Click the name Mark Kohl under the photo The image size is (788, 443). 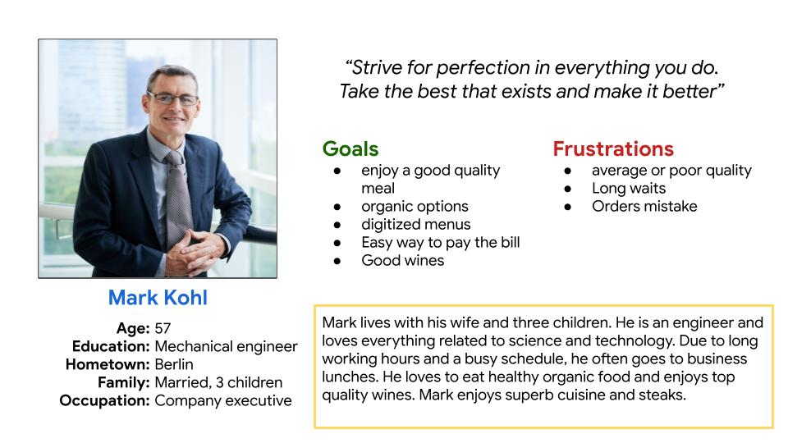(x=158, y=298)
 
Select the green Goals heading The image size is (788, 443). (x=350, y=149)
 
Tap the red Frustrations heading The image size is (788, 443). (x=613, y=149)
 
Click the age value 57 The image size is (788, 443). (x=163, y=328)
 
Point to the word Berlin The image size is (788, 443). (x=174, y=364)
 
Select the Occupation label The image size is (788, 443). (x=104, y=401)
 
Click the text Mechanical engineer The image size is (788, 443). (x=227, y=346)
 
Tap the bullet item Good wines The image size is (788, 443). (x=402, y=261)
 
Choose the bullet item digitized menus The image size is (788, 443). (x=416, y=225)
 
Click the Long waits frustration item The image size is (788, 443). (x=629, y=189)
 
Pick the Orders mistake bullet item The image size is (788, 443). (x=644, y=207)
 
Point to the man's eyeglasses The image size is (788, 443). (x=173, y=99)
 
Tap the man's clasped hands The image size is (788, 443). (x=194, y=250)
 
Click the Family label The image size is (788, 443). (x=124, y=383)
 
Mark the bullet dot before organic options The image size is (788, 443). (x=337, y=207)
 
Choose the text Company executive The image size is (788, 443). (x=223, y=401)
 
